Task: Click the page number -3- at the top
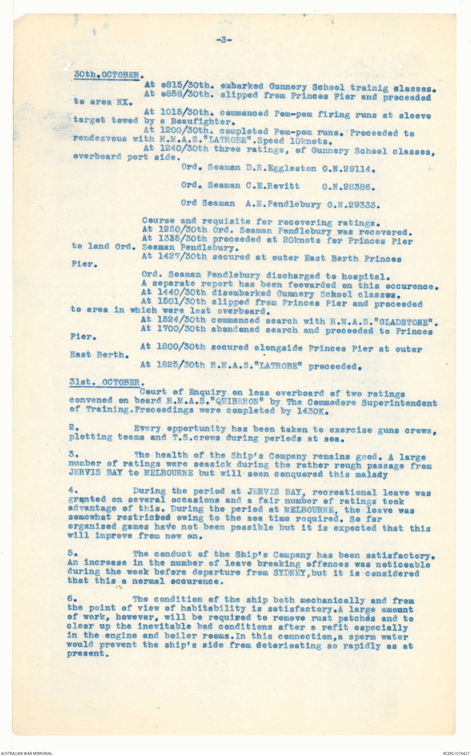224,40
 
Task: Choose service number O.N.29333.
353,205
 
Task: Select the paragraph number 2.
72,428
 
